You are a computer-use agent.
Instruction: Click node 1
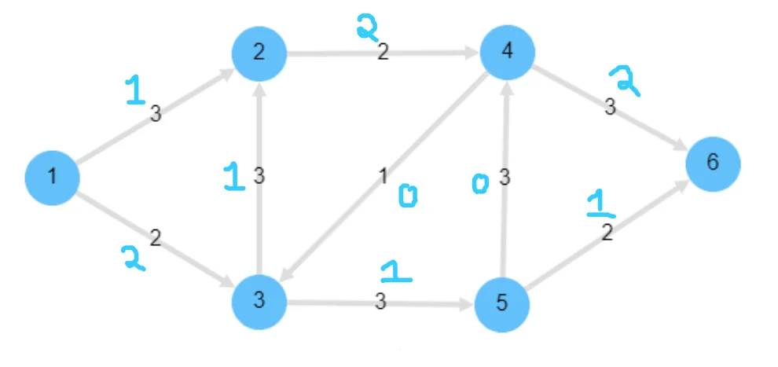pos(52,177)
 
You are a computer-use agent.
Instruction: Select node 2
pos(259,53)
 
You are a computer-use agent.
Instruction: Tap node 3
pos(259,303)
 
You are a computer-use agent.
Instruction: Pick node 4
pos(508,51)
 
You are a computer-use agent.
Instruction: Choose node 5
pos(502,304)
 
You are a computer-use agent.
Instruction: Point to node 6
pos(712,163)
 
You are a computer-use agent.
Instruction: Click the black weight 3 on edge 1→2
pos(156,114)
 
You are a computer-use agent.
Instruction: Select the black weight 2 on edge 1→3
pos(155,237)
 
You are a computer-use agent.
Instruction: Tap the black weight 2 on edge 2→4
pos(383,53)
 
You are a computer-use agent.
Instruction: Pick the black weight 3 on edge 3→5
pos(380,302)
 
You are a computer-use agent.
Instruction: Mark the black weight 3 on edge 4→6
pos(610,108)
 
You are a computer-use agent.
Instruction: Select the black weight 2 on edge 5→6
pos(606,233)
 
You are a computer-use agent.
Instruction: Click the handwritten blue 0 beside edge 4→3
pos(407,197)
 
